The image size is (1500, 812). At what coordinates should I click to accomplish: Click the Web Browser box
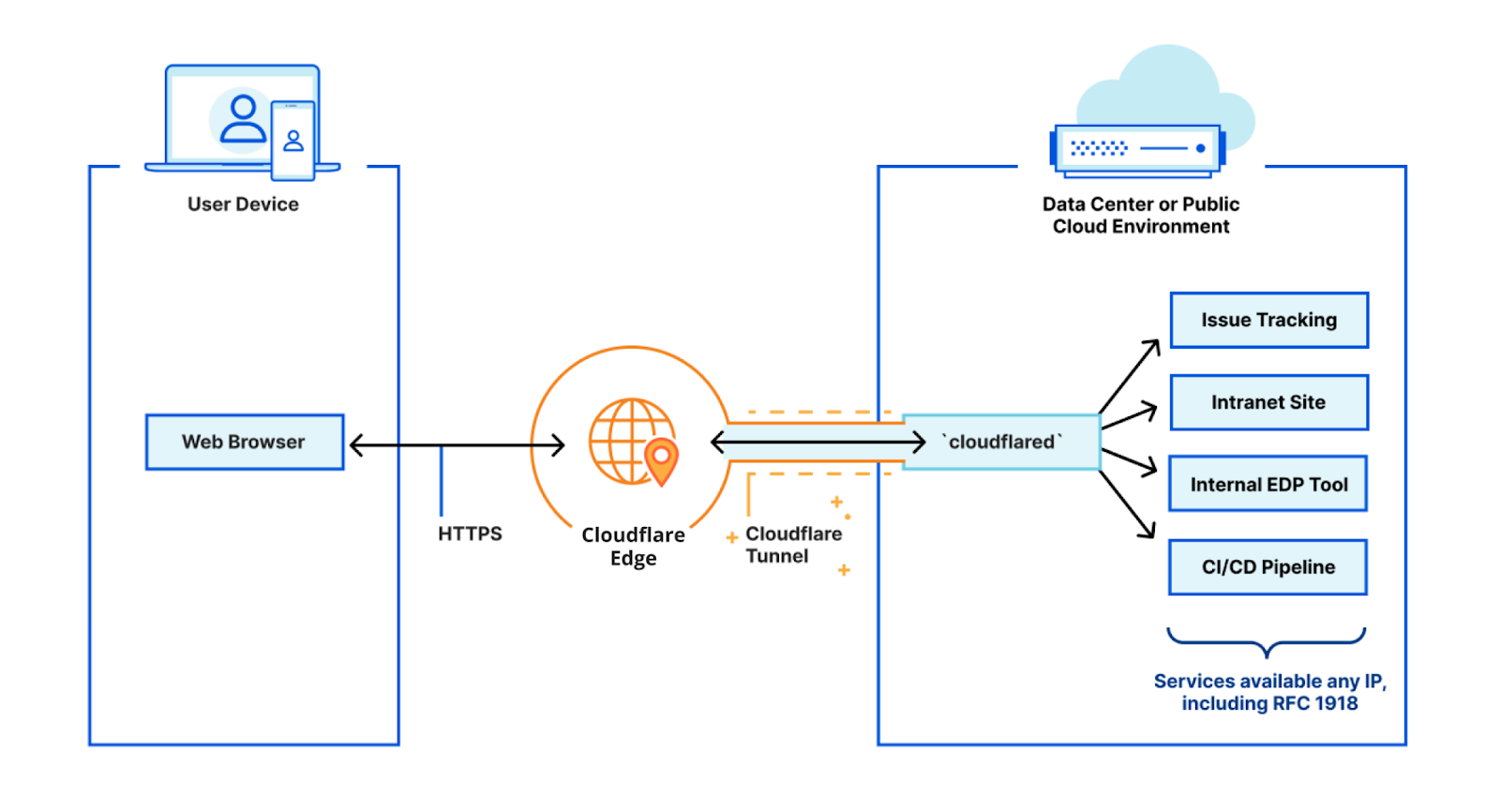tap(245, 442)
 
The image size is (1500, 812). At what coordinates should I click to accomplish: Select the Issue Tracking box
tap(1268, 320)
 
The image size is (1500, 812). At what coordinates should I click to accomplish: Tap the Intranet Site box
tap(1268, 402)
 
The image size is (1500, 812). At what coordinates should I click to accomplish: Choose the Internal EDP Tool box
tap(1267, 484)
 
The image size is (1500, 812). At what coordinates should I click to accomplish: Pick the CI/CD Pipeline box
tap(1267, 566)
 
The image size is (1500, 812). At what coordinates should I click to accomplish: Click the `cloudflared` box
tap(1001, 442)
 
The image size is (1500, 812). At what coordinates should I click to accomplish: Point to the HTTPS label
tap(470, 534)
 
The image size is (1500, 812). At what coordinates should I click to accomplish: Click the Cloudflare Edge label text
tap(633, 546)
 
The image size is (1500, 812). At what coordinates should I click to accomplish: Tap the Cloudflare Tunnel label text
tap(792, 545)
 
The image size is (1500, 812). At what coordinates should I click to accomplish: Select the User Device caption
tap(243, 204)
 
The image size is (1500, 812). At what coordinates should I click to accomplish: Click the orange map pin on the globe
tap(662, 459)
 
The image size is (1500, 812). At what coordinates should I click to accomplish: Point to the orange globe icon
tap(626, 439)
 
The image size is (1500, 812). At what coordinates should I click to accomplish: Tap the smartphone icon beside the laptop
tap(292, 141)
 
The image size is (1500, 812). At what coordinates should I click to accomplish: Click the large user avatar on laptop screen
tap(242, 120)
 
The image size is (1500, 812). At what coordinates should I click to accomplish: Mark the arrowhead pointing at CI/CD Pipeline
tap(1148, 532)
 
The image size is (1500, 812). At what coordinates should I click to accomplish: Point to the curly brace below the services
tap(1266, 642)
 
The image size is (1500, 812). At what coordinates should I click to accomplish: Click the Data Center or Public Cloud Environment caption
tap(1140, 216)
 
